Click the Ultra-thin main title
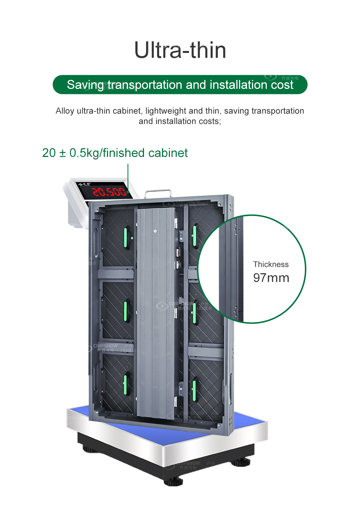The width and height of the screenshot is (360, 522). (180, 50)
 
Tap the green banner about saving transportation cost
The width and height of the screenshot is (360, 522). (180, 85)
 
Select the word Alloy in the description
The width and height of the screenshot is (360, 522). (65, 111)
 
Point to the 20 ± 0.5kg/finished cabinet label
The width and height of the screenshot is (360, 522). (115, 153)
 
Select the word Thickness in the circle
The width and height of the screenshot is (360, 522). (271, 264)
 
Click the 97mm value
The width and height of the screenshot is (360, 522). (271, 278)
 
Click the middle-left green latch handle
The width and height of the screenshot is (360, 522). (126, 311)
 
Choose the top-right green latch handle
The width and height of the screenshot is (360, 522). (195, 235)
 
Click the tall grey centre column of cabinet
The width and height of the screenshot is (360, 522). (156, 313)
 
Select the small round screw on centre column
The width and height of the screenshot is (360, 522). (155, 231)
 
